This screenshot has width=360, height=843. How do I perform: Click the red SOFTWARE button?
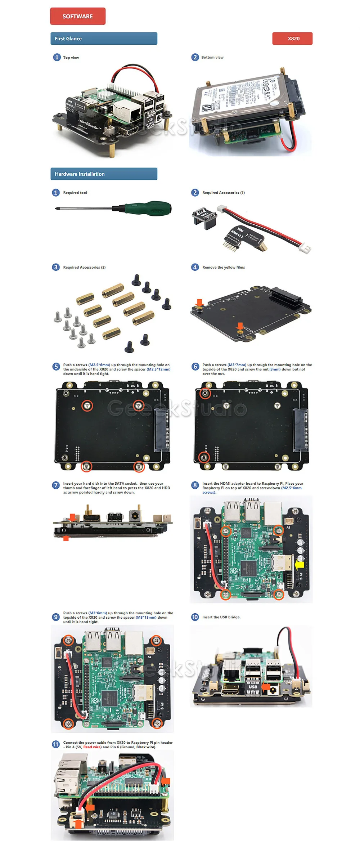pos(78,16)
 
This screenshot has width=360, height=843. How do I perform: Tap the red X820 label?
pos(292,39)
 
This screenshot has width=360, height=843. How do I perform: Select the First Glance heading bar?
pos(104,39)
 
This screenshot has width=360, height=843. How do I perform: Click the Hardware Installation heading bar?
pos(104,174)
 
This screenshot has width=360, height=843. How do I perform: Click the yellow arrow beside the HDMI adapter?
pos(300,565)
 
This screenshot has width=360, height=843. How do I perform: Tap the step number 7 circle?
pos(56,485)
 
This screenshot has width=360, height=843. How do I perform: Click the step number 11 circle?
pos(56,744)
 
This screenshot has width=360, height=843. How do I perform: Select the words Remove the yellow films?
pos(224,267)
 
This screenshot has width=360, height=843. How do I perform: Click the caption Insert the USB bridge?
pos(221,617)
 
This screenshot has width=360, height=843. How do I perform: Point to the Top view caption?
pos(71,58)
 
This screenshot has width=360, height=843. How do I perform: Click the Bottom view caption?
pos(212,57)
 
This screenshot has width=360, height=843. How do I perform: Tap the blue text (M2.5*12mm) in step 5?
pos(158,369)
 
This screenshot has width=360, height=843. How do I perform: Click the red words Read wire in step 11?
pos(92,747)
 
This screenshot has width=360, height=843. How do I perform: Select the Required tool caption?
pos(75,193)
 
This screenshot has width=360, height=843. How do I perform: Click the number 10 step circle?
pos(195,617)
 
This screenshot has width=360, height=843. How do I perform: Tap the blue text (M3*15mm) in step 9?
pos(146,617)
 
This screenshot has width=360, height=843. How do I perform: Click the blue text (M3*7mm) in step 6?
pos(237,365)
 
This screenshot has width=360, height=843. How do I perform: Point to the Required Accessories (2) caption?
pos(84,267)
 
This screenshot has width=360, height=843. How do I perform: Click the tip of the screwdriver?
pos(56,208)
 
